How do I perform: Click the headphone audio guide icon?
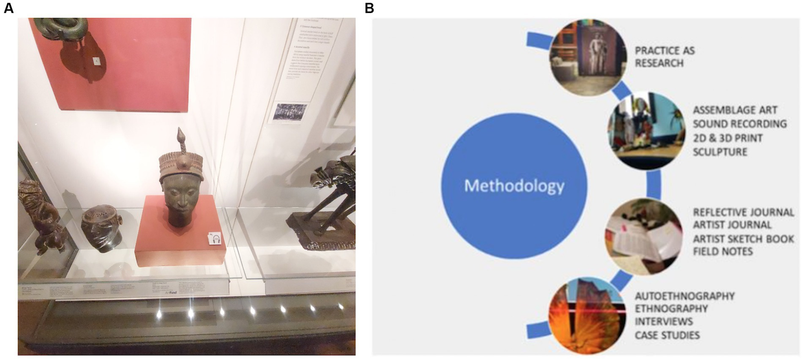click(216, 238)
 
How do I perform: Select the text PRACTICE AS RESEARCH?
click(665, 57)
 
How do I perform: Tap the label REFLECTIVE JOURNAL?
click(743, 212)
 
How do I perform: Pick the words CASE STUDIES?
click(667, 334)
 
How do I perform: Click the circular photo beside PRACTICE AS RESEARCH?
click(588, 57)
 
